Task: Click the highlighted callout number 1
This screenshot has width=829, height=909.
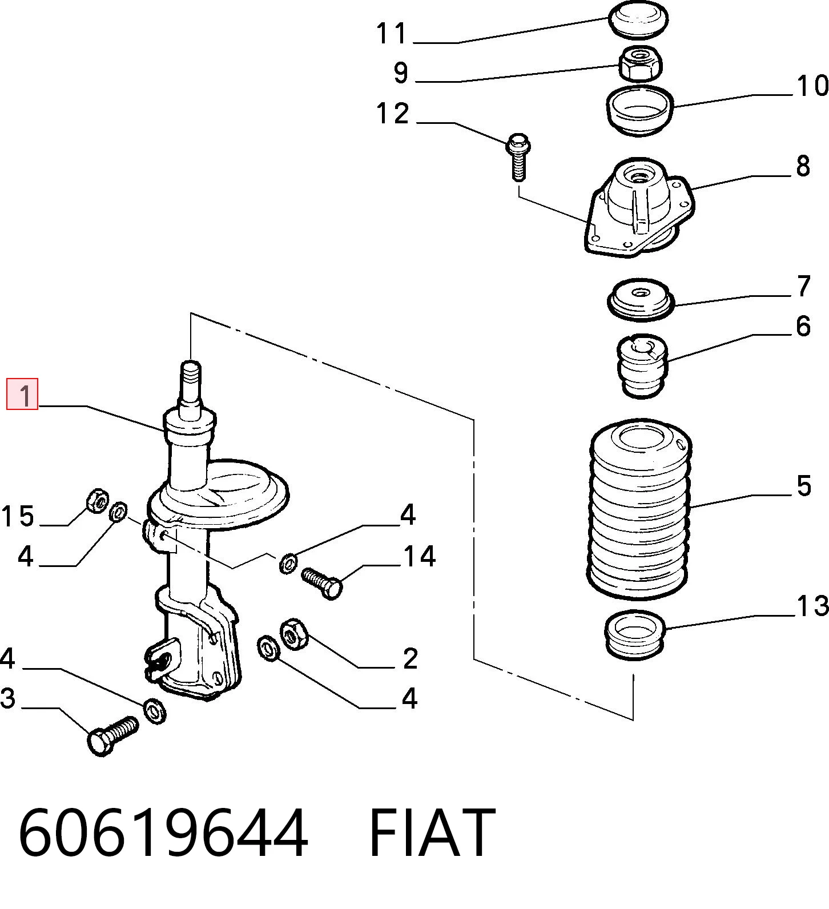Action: coord(22,394)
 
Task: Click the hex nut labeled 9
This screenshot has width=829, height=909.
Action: coord(640,64)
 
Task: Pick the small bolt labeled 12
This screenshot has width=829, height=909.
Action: coord(517,157)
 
